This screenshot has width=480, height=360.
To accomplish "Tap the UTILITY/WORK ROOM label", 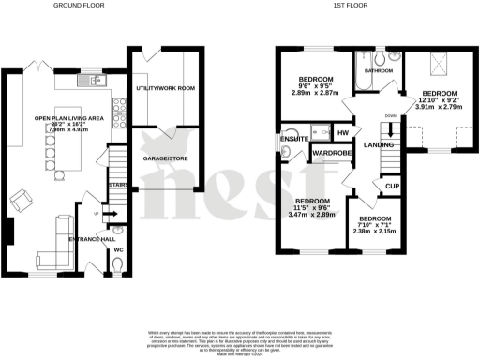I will (x=164, y=87).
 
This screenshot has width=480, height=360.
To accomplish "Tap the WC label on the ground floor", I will (x=118, y=250).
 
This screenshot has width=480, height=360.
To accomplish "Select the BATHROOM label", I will (x=378, y=71).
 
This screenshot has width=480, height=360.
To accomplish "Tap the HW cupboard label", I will (x=343, y=133).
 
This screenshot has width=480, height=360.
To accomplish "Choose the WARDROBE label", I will (x=331, y=151).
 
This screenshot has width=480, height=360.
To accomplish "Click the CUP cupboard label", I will (x=394, y=187).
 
